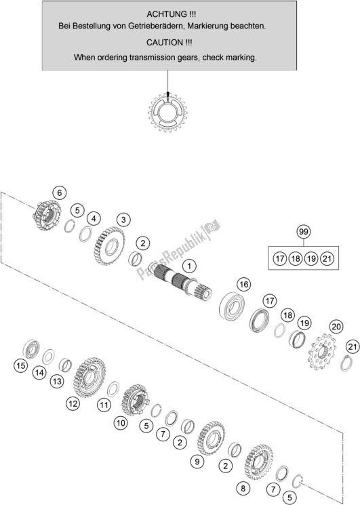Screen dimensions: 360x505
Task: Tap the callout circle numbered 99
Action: [x=303, y=232]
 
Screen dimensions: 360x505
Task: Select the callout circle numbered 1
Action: [x=189, y=266]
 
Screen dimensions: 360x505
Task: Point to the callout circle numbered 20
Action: [x=336, y=327]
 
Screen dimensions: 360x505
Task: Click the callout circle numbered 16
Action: [x=244, y=285]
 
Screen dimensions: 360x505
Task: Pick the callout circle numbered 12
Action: [x=73, y=403]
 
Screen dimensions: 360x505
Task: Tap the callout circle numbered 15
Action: [x=20, y=366]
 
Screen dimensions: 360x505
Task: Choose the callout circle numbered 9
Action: [x=197, y=462]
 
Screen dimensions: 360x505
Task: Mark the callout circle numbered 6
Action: [x=59, y=193]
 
